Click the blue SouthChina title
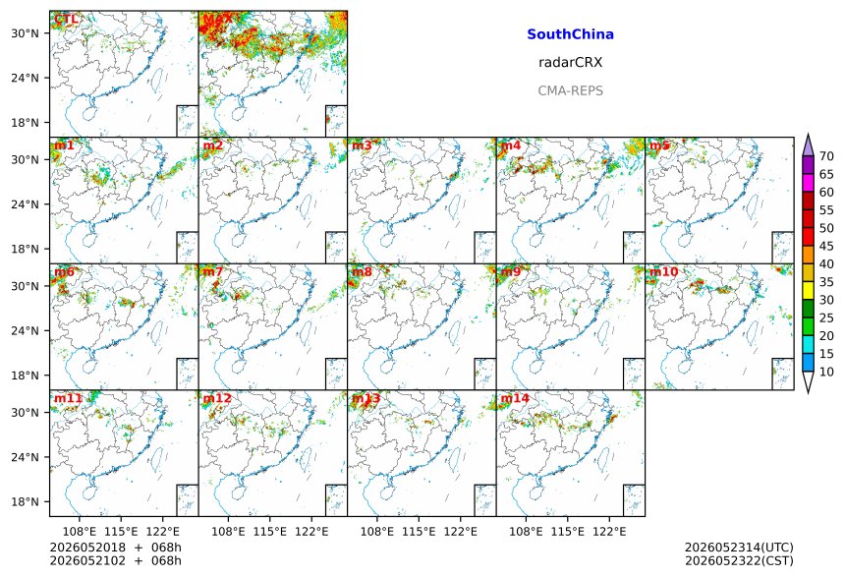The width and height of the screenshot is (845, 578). coord(570,34)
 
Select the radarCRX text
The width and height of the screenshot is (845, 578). coord(570,63)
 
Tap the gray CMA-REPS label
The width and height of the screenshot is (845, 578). coord(570,90)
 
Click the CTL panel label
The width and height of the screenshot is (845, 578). coord(66,19)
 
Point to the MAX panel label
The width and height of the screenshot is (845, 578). coord(218,19)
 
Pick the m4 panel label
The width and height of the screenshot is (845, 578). coord(511,145)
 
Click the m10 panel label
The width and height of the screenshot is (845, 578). coord(663,271)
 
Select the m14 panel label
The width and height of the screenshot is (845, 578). coord(515,398)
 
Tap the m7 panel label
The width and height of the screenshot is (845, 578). coord(213,271)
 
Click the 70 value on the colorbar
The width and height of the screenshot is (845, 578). coord(826,156)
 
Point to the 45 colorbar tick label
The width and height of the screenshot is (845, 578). coord(826,246)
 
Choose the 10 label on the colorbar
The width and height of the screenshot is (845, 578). coord(826,372)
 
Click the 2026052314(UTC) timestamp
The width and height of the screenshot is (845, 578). coord(739,548)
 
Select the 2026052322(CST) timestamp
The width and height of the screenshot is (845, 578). coord(739,560)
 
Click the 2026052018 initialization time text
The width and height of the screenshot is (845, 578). coord(87,548)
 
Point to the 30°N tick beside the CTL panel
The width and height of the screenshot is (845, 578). coord(26,33)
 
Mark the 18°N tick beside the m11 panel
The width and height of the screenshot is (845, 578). coord(26,502)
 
